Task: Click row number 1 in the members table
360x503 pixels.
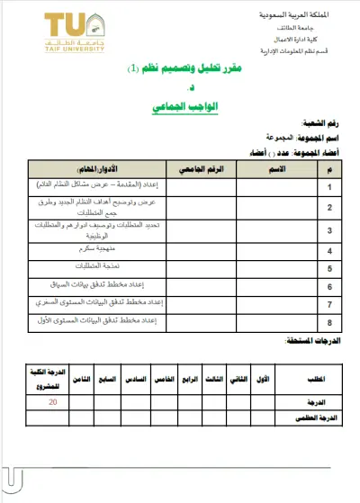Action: pyautogui.click(x=330, y=186)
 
